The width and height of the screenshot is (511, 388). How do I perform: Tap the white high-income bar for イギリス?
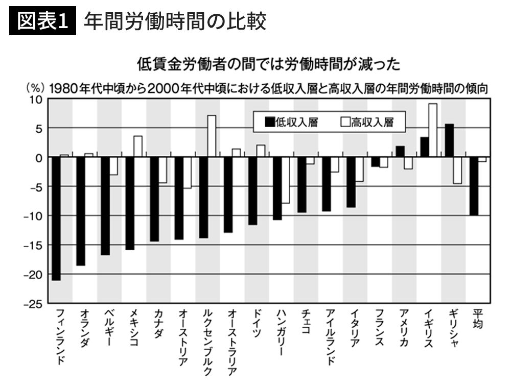(433, 130)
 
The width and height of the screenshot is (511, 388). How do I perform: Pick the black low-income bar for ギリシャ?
(449, 140)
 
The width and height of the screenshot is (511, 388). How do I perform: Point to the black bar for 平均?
(474, 186)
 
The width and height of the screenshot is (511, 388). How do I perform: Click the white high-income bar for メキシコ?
(138, 147)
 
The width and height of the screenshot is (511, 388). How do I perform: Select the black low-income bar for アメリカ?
(400, 152)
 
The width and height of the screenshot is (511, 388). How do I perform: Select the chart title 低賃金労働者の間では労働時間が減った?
(268, 64)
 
